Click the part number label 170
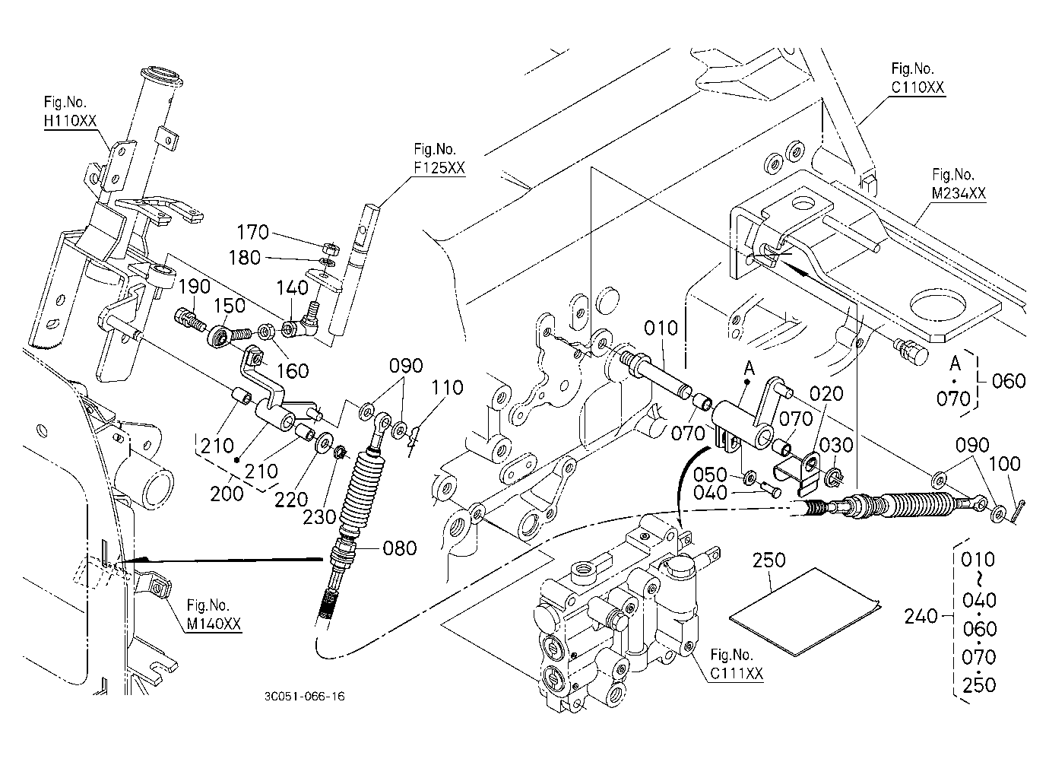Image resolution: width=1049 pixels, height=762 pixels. point(253,232)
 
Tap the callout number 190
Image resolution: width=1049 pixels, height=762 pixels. point(195,287)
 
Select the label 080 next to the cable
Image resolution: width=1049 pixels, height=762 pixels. point(400,548)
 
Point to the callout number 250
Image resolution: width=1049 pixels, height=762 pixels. point(769,560)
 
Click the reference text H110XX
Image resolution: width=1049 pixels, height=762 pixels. point(70,121)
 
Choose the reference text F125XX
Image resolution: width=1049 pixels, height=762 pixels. point(439,168)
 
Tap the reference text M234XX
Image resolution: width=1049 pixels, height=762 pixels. point(959,193)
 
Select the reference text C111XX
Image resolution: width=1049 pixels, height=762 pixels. point(737,674)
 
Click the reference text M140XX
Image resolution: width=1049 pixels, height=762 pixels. point(214,624)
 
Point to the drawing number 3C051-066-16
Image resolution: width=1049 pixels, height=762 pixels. point(304,697)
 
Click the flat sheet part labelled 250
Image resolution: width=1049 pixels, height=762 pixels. point(804,612)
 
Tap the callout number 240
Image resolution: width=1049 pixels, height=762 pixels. point(921,616)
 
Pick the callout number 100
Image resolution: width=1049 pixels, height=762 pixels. point(1004,464)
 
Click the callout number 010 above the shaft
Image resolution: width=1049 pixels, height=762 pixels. point(661,328)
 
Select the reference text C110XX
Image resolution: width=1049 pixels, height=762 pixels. point(917,87)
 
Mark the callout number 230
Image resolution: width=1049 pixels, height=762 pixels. point(319,517)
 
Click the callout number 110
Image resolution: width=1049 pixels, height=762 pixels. point(447,388)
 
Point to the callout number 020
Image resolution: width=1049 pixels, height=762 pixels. point(826,394)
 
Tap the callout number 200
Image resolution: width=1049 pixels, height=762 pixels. point(227,494)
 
